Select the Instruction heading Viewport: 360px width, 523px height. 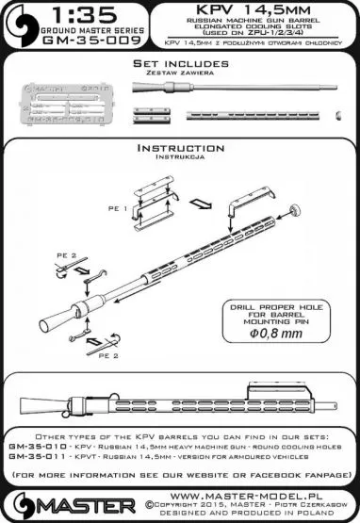[178, 148]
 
